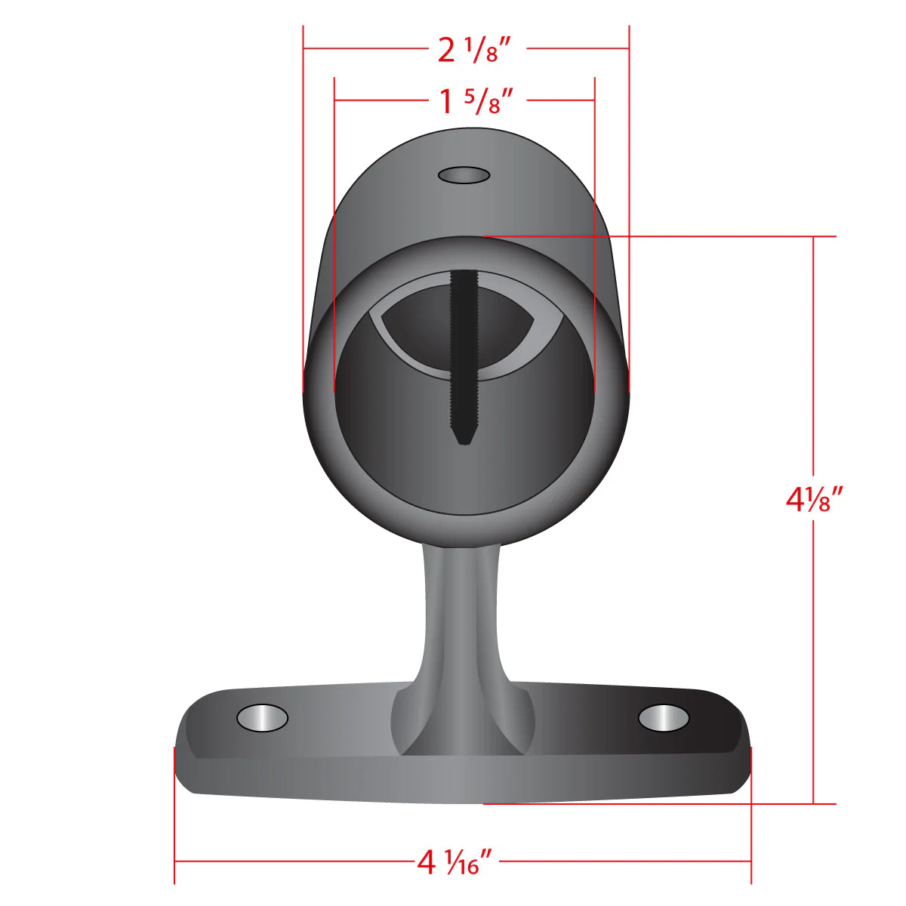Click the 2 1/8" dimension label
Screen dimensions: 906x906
point(474,50)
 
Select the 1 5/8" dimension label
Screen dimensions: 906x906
point(476,102)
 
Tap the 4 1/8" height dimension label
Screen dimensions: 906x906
point(815,500)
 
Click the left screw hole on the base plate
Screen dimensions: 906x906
point(262,718)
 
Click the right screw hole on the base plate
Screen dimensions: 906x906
point(664,718)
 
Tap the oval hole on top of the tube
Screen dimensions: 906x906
point(464,175)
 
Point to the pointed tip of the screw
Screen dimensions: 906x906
point(464,443)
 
